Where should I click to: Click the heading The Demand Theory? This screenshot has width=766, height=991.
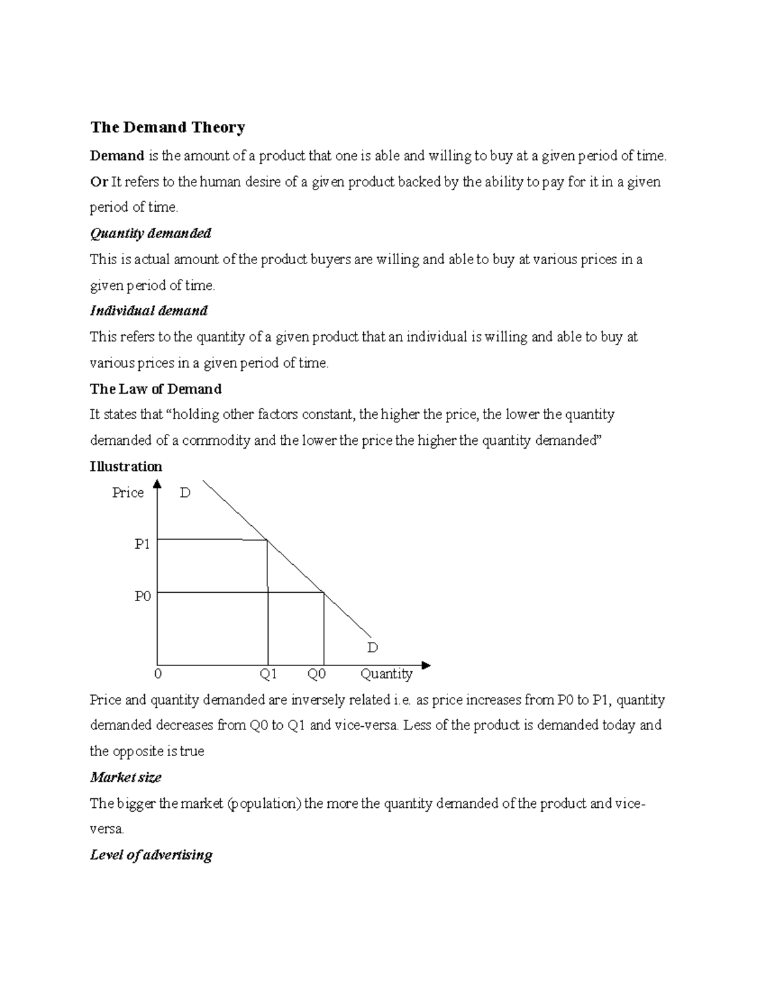coord(167,128)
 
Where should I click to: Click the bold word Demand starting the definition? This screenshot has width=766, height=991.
coord(117,156)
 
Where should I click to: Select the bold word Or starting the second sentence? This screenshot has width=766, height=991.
coord(98,182)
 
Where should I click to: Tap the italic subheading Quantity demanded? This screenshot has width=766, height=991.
coord(151,234)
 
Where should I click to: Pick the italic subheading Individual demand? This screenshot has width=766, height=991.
coord(149,311)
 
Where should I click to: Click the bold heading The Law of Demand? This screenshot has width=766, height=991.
coord(156,389)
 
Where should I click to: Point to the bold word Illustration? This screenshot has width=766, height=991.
coord(126,466)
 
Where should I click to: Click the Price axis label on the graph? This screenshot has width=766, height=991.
coord(128,493)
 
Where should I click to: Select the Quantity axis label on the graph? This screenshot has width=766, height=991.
coord(386,674)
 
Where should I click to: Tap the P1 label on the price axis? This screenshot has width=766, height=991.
coord(142,544)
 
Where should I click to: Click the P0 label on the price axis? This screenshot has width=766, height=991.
coord(142,596)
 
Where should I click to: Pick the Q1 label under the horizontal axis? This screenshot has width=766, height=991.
coord(267,674)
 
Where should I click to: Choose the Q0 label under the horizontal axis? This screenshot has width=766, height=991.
coord(317,674)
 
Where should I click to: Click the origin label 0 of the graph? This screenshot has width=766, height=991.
coord(158,674)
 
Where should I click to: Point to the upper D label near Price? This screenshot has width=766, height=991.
coord(185,493)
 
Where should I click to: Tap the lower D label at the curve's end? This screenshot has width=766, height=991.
coord(372,648)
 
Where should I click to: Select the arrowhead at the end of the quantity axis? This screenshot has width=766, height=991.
coord(426,666)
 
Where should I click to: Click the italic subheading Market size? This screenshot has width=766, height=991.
coord(126,777)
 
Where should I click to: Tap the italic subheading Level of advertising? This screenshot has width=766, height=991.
coord(151,855)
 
